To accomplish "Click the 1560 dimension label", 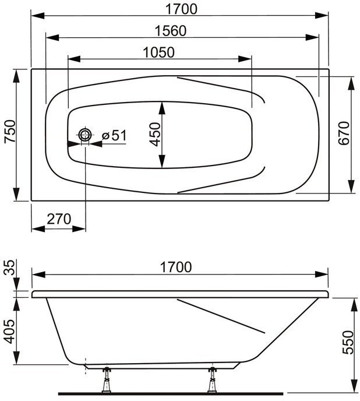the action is pos(171,31).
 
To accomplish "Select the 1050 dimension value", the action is pos(158,52).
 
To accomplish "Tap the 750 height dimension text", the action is pos(10,131).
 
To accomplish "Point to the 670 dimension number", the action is pos(343,133).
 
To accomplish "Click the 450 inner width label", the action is pos(155,135).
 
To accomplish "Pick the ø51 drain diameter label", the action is pos(114,135).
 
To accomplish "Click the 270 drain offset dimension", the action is pos(59,219).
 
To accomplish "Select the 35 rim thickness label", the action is pos(10,267).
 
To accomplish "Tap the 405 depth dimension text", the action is pos(10,332).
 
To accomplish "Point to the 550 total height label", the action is pos(348,343).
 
